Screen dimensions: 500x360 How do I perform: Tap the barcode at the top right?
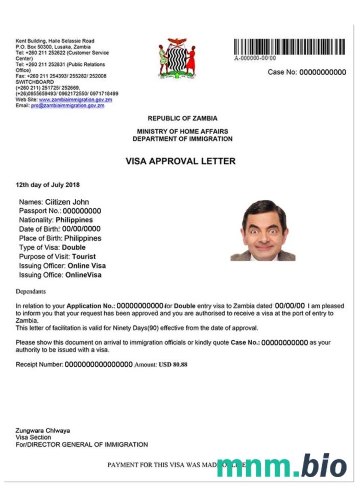[289, 47]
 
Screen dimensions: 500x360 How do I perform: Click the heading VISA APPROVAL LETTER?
[180, 161]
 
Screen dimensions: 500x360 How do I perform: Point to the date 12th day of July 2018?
[47, 185]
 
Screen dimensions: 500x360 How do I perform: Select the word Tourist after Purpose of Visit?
[84, 257]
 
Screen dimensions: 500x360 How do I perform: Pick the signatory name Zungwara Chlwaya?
[43, 431]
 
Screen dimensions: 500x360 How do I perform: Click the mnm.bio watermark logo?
[281, 465]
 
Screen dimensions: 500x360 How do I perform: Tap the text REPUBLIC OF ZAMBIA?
[182, 118]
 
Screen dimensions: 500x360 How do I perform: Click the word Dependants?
[31, 291]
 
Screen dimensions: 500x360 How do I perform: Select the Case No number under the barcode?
[322, 72]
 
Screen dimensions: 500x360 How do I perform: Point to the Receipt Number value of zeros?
[99, 365]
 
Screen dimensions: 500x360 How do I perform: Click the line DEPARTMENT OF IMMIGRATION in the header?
[182, 139]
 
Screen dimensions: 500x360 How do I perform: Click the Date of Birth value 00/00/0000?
[82, 229]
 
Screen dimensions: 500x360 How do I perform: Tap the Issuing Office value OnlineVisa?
[83, 275]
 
